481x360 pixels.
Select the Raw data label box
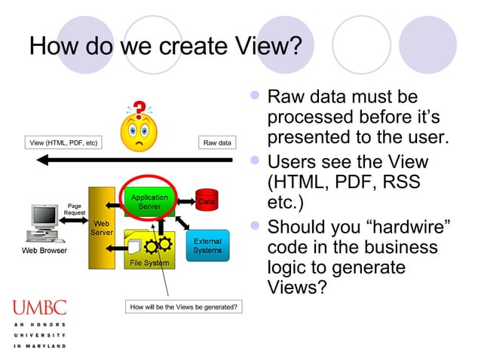[x=217, y=142]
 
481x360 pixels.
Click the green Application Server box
[x=149, y=201]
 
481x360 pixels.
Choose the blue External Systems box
[x=207, y=246]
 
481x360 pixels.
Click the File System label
[x=149, y=263]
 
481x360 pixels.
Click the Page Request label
[x=75, y=209]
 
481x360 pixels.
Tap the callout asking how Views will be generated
[x=183, y=307]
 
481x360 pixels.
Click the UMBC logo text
[x=38, y=307]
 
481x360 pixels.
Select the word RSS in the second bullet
[x=394, y=183]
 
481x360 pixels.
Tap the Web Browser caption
[x=44, y=250]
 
